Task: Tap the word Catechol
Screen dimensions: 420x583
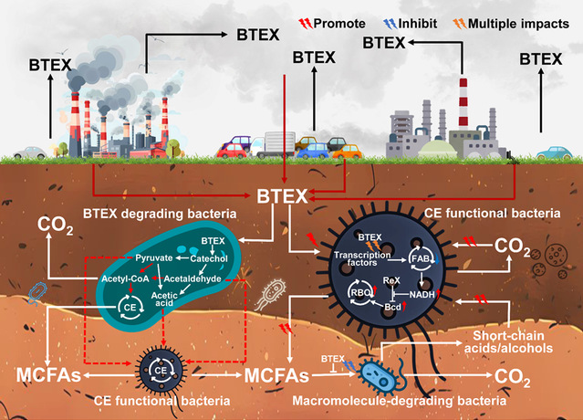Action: tap(209, 260)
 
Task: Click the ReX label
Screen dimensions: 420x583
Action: tap(390, 279)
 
